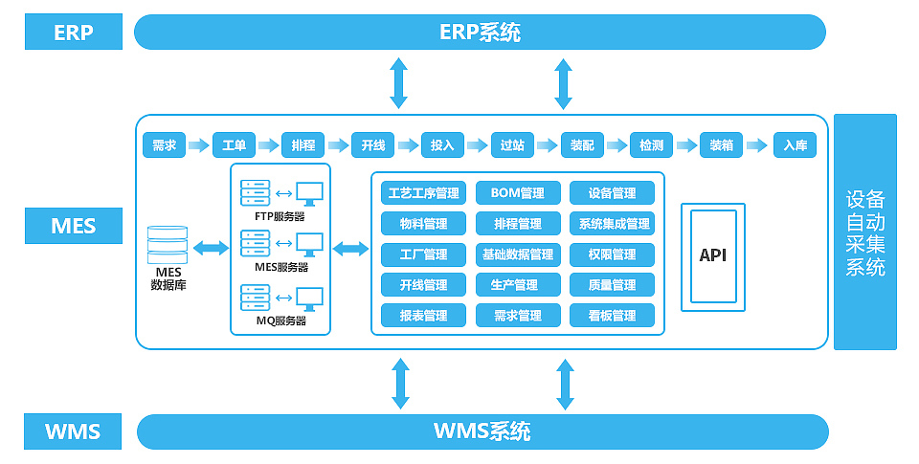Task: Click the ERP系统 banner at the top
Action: click(x=480, y=32)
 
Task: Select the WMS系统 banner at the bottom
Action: click(x=482, y=431)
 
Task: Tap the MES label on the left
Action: click(x=74, y=227)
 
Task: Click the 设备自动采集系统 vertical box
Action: click(x=865, y=232)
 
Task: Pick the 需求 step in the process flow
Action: click(x=164, y=145)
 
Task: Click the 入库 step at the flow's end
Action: click(x=795, y=145)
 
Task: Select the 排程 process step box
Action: click(x=303, y=145)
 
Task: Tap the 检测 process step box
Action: click(x=651, y=145)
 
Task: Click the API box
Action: click(x=713, y=255)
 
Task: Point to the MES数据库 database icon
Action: click(x=168, y=245)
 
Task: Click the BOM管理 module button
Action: click(x=517, y=193)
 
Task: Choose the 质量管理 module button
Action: click(x=612, y=285)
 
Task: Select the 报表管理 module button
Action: click(x=423, y=316)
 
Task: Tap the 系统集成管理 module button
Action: click(x=612, y=224)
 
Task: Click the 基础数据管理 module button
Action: click(x=517, y=254)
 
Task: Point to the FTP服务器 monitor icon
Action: click(x=309, y=193)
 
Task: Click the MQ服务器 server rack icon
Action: click(x=256, y=298)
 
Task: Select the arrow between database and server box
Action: click(x=211, y=249)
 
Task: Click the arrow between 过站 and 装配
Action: click(x=547, y=145)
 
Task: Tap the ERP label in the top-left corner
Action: click(x=74, y=33)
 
